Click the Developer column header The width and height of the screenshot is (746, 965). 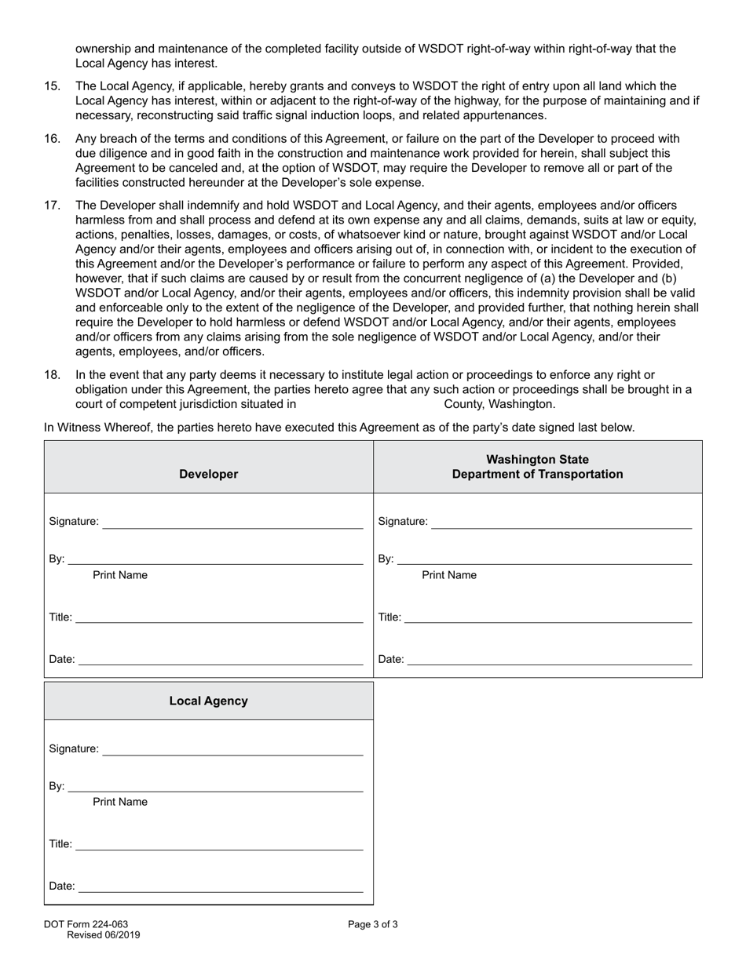coord(208,474)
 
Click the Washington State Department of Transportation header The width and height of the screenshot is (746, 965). coord(537,467)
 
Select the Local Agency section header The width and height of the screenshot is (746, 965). coord(208,701)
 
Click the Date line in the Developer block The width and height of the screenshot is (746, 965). coord(221,659)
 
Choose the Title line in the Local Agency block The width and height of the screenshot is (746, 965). coord(219,844)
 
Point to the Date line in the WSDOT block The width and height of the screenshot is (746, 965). coord(550,659)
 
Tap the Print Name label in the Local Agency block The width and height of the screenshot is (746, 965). coord(120,802)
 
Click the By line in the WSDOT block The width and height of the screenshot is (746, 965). coord(544,559)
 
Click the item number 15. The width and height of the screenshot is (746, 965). coord(52,86)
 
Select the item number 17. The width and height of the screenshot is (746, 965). coord(52,206)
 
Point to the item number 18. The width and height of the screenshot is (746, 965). coord(52,375)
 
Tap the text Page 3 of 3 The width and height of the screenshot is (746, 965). coord(373,924)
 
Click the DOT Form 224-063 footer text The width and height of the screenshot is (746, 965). coord(86,924)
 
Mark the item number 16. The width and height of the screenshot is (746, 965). coord(52,139)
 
